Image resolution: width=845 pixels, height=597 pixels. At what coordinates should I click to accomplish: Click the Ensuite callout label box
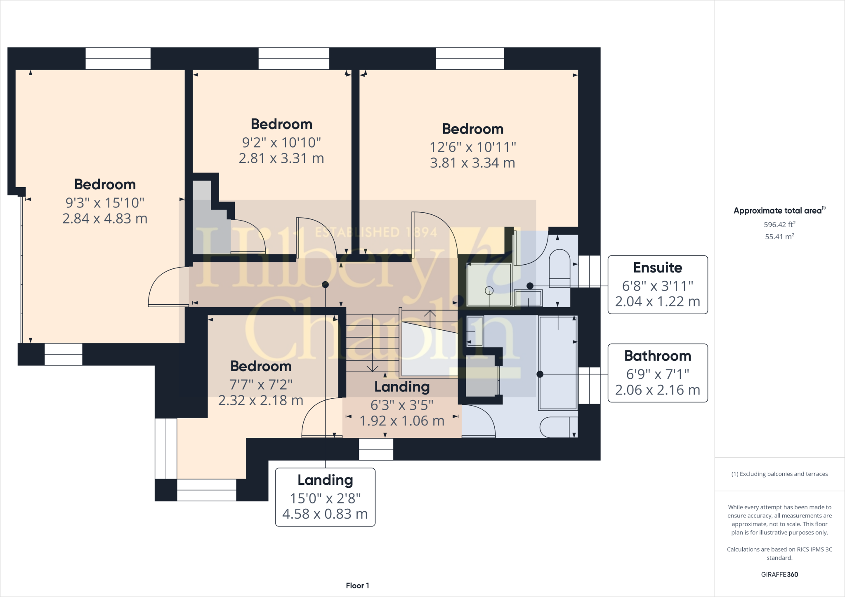(x=658, y=284)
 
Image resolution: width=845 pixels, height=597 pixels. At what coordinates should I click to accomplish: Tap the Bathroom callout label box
(x=658, y=373)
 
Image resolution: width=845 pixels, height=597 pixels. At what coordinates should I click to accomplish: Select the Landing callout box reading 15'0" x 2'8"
(x=325, y=497)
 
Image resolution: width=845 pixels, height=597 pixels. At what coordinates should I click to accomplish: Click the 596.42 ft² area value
(x=779, y=224)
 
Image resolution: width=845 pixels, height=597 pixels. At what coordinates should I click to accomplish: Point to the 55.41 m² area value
(x=779, y=236)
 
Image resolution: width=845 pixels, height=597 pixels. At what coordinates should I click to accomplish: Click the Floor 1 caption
(x=357, y=585)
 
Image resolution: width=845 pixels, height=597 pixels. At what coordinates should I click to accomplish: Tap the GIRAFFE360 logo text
(x=779, y=574)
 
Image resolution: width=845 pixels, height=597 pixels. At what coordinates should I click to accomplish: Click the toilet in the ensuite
(x=559, y=268)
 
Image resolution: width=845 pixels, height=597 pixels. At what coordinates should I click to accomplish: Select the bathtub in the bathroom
(x=558, y=363)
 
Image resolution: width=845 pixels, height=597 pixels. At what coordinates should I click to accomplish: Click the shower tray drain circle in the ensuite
(x=489, y=291)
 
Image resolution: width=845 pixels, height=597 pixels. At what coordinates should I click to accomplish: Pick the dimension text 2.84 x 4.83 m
(x=105, y=219)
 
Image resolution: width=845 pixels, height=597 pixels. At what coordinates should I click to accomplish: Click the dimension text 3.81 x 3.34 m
(x=472, y=163)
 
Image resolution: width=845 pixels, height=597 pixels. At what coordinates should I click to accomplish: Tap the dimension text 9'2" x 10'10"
(x=281, y=143)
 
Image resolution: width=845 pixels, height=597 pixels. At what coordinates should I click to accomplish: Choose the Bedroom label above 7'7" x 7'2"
(x=261, y=366)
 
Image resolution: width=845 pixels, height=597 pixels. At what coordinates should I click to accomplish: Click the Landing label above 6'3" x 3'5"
(x=402, y=387)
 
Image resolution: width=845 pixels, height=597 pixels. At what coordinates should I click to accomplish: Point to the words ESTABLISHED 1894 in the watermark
(x=376, y=233)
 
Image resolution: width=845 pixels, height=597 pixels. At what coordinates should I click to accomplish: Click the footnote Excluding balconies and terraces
(x=779, y=474)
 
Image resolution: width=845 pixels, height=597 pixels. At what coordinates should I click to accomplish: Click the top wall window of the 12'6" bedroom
(x=470, y=59)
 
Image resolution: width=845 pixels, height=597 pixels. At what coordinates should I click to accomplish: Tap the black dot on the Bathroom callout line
(x=540, y=374)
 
